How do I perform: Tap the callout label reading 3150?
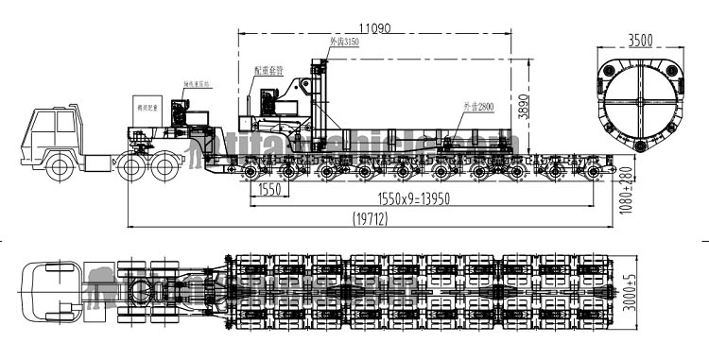point(344,43)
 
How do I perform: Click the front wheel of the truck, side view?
point(61,168)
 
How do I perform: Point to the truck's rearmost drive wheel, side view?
point(166,167)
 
